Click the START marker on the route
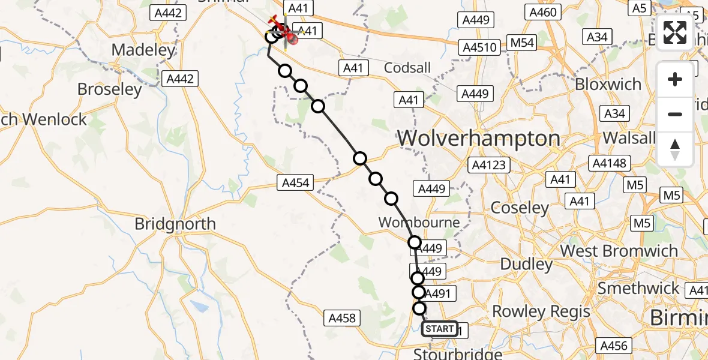click(439, 329)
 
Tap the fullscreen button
click(675, 32)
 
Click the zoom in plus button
click(675, 79)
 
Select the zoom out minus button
click(675, 114)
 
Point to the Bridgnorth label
click(175, 224)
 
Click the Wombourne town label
click(419, 223)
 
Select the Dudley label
click(526, 264)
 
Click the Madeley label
click(143, 50)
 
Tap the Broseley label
click(110, 89)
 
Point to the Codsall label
click(407, 67)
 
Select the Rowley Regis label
click(541, 311)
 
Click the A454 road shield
click(296, 182)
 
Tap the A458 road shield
click(343, 318)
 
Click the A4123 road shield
click(490, 165)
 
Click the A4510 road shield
click(479, 47)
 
